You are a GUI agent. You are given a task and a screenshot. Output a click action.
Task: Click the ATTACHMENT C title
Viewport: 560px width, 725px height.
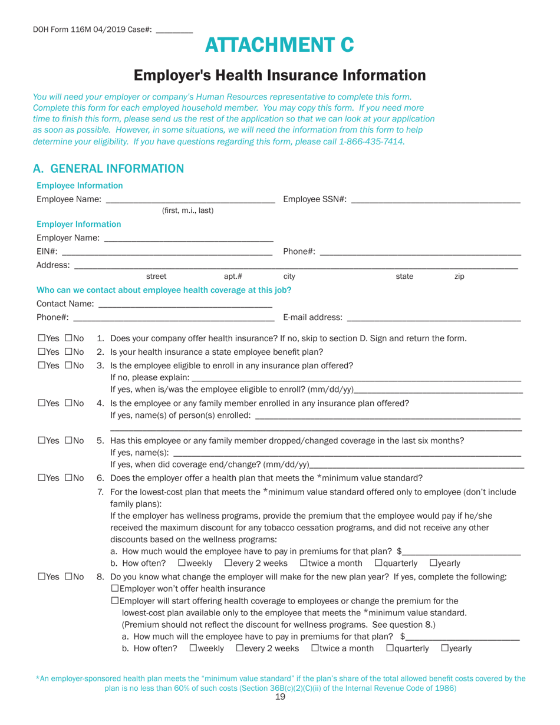(x=280, y=45)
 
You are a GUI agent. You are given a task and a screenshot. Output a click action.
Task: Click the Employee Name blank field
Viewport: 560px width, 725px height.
(x=190, y=199)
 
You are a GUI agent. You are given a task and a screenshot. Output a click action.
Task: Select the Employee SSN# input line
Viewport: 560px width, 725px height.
(x=435, y=199)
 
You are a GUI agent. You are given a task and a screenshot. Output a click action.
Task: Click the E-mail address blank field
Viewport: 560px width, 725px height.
(x=434, y=318)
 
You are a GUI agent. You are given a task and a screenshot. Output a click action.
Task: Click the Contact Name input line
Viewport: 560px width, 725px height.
(x=185, y=304)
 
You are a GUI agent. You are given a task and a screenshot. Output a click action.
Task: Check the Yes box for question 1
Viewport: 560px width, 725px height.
(x=41, y=338)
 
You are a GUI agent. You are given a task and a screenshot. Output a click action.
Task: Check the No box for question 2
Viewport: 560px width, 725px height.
(x=68, y=352)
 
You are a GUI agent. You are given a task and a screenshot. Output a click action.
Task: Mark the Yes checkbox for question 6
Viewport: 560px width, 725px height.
(x=41, y=478)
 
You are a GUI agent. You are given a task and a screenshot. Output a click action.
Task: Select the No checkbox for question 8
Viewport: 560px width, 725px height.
(x=68, y=576)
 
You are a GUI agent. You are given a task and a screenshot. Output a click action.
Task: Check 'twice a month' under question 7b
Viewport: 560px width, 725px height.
(x=304, y=563)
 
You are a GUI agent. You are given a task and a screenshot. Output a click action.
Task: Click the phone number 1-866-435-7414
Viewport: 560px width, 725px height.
(x=371, y=142)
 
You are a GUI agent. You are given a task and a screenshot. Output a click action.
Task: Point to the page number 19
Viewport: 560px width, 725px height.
(x=280, y=697)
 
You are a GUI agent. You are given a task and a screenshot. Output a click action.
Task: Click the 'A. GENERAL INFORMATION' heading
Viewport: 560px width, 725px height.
(x=108, y=169)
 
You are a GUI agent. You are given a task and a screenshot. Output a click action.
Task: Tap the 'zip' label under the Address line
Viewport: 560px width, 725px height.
(x=459, y=276)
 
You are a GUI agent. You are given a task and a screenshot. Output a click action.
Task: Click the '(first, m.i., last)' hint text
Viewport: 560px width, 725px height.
(x=187, y=210)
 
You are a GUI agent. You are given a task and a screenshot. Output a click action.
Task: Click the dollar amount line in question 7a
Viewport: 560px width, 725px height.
(x=462, y=552)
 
